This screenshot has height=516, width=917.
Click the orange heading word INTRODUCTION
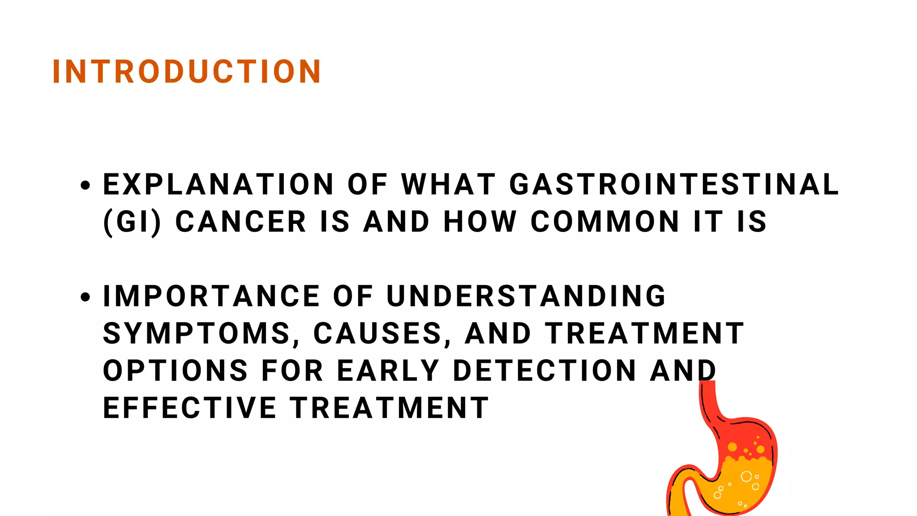point(187,72)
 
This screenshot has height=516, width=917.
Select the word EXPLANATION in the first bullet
point(219,185)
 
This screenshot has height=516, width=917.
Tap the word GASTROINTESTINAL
point(674,185)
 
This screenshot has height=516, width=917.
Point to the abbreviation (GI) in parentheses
point(132,222)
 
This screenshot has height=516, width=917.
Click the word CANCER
point(241,222)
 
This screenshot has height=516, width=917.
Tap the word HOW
point(480,222)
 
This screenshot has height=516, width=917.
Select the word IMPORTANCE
point(211,297)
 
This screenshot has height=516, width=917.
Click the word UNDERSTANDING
point(527,297)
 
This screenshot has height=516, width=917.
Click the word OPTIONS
point(176,371)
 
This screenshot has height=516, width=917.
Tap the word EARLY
point(388,371)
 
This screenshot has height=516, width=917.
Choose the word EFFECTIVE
point(190,408)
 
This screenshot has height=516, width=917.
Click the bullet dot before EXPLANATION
point(86,185)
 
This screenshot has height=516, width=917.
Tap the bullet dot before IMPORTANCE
point(86,297)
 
